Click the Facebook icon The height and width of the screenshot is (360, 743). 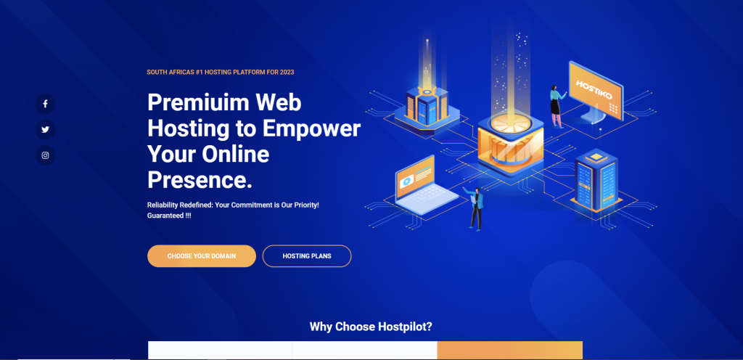(45, 104)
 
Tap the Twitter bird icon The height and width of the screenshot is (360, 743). (45, 129)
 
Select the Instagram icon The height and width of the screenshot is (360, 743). (45, 155)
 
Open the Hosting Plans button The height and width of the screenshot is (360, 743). (307, 256)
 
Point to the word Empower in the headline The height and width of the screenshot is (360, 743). (316, 128)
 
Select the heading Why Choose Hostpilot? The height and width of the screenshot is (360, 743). (376, 327)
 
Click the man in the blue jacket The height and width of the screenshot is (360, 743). (476, 208)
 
